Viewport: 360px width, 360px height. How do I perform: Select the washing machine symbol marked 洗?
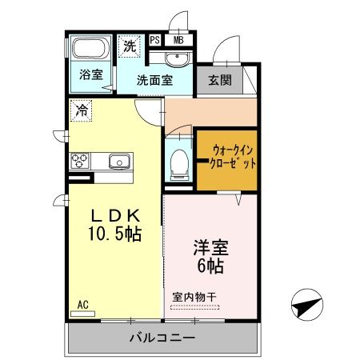129,47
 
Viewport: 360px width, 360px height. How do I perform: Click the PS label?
154,39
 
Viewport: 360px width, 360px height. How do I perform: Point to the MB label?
178,39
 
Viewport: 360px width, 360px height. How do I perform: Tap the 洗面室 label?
154,80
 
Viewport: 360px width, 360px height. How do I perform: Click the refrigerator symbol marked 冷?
81,110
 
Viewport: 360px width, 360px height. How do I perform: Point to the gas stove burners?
81,160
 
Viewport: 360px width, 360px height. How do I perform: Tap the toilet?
179,162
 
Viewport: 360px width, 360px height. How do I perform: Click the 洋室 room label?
209,246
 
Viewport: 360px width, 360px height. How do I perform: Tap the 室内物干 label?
194,297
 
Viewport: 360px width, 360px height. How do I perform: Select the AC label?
82,303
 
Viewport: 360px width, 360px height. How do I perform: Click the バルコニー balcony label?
162,338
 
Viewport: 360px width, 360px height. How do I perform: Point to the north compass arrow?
307,304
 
